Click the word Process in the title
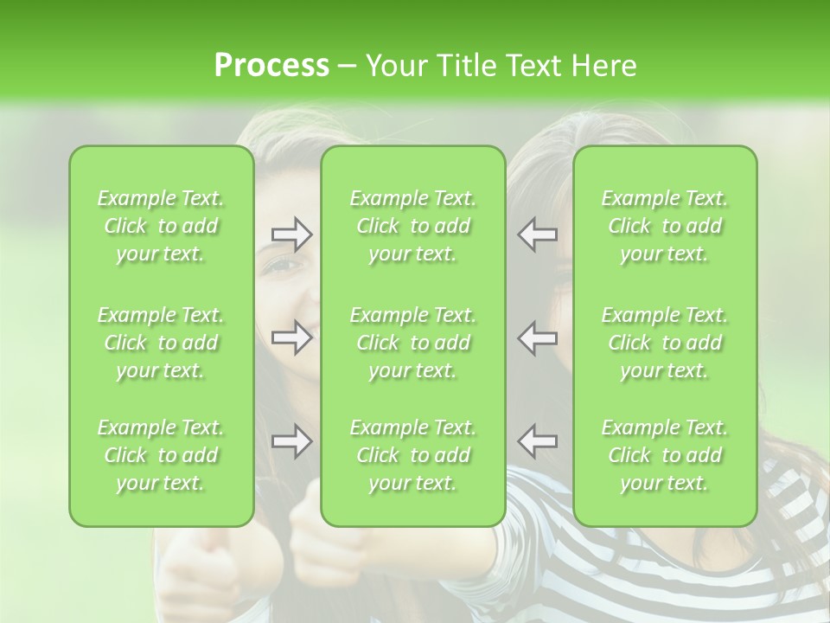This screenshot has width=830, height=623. (x=271, y=65)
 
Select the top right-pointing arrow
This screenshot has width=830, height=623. (x=292, y=234)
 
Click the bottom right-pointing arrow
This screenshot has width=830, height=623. (x=292, y=441)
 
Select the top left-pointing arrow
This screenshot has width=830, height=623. (x=538, y=234)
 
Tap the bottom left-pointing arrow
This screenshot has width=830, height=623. (x=538, y=441)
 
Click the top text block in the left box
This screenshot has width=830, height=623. (x=161, y=226)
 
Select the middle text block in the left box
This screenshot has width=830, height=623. (x=161, y=343)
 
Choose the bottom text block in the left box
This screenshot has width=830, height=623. (x=161, y=455)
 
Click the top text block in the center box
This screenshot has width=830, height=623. (x=413, y=226)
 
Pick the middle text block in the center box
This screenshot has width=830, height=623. (x=413, y=343)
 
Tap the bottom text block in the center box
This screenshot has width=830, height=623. (x=413, y=455)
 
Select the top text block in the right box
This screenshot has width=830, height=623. (x=665, y=226)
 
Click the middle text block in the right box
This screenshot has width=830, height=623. (x=665, y=343)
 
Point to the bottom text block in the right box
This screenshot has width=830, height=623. (x=665, y=455)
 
